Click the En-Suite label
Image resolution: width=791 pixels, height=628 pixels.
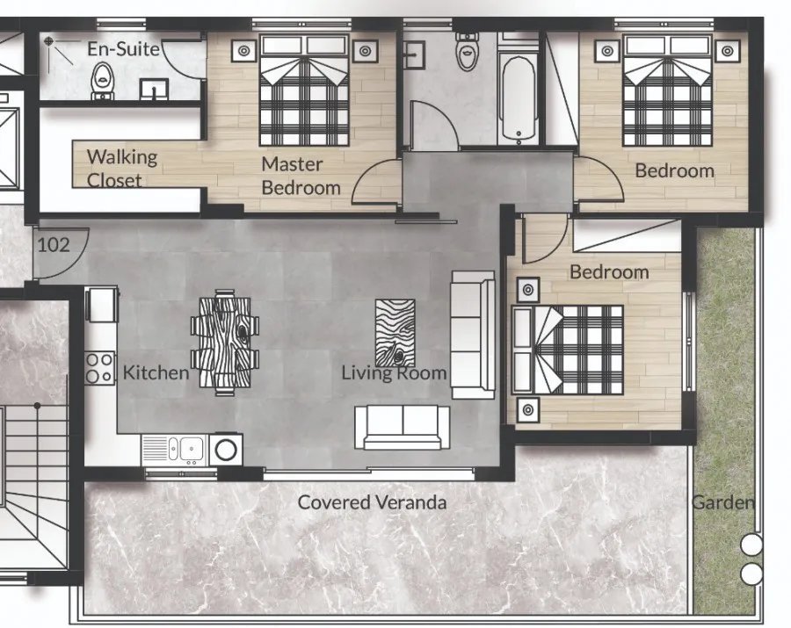click(124, 49)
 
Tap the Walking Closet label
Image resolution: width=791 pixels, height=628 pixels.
click(121, 169)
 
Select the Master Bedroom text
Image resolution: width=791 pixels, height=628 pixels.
click(301, 176)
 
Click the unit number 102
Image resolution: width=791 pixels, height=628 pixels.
click(54, 245)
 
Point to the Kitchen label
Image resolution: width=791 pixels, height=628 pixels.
click(156, 373)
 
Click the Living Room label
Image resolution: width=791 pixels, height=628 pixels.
click(394, 373)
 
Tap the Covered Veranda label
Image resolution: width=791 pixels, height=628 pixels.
click(372, 502)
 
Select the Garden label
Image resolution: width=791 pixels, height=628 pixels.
click(723, 502)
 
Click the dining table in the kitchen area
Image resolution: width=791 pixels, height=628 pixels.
click(225, 343)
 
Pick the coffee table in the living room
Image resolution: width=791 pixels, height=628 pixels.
click(395, 333)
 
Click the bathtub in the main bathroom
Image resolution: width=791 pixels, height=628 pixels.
click(519, 99)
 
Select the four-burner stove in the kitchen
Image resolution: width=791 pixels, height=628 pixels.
click(99, 368)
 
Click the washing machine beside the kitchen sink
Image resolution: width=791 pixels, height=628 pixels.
click(226, 450)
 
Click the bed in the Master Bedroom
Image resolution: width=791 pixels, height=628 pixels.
click(304, 90)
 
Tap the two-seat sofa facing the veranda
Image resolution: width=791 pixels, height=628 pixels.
click(402, 427)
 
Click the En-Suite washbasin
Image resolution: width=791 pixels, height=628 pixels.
click(154, 90)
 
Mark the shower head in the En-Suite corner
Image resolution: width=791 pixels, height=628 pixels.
click(48, 40)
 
